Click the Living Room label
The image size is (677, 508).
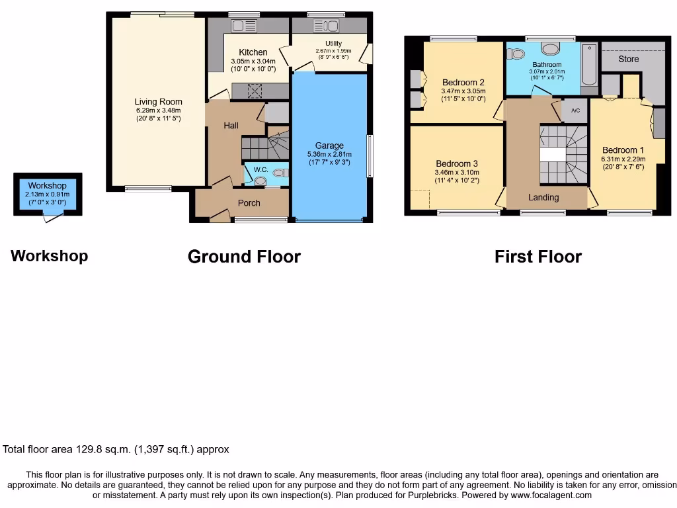point(158,102)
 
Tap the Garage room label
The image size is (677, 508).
point(329,146)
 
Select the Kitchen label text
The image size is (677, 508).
point(253,52)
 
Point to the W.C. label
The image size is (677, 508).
point(260,170)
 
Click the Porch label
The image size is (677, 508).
point(249,202)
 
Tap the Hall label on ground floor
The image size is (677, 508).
point(231,125)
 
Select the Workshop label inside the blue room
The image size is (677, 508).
point(47,186)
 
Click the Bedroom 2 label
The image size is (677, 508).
point(463,83)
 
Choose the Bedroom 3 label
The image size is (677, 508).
point(457,163)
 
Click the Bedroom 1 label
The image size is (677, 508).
point(623,150)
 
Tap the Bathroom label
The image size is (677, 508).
point(547,65)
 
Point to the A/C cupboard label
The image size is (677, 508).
point(575,110)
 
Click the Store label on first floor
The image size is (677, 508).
point(629,59)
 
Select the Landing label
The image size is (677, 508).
point(543,197)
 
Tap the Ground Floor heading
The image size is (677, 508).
point(244,257)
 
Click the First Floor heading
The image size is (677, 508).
point(538,257)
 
